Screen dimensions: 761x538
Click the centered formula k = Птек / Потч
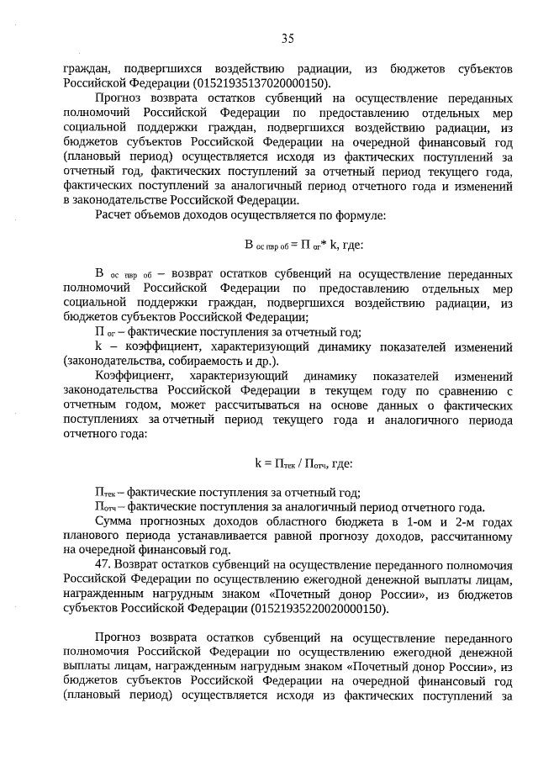click(x=303, y=462)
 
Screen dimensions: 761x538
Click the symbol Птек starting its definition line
click(x=105, y=492)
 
